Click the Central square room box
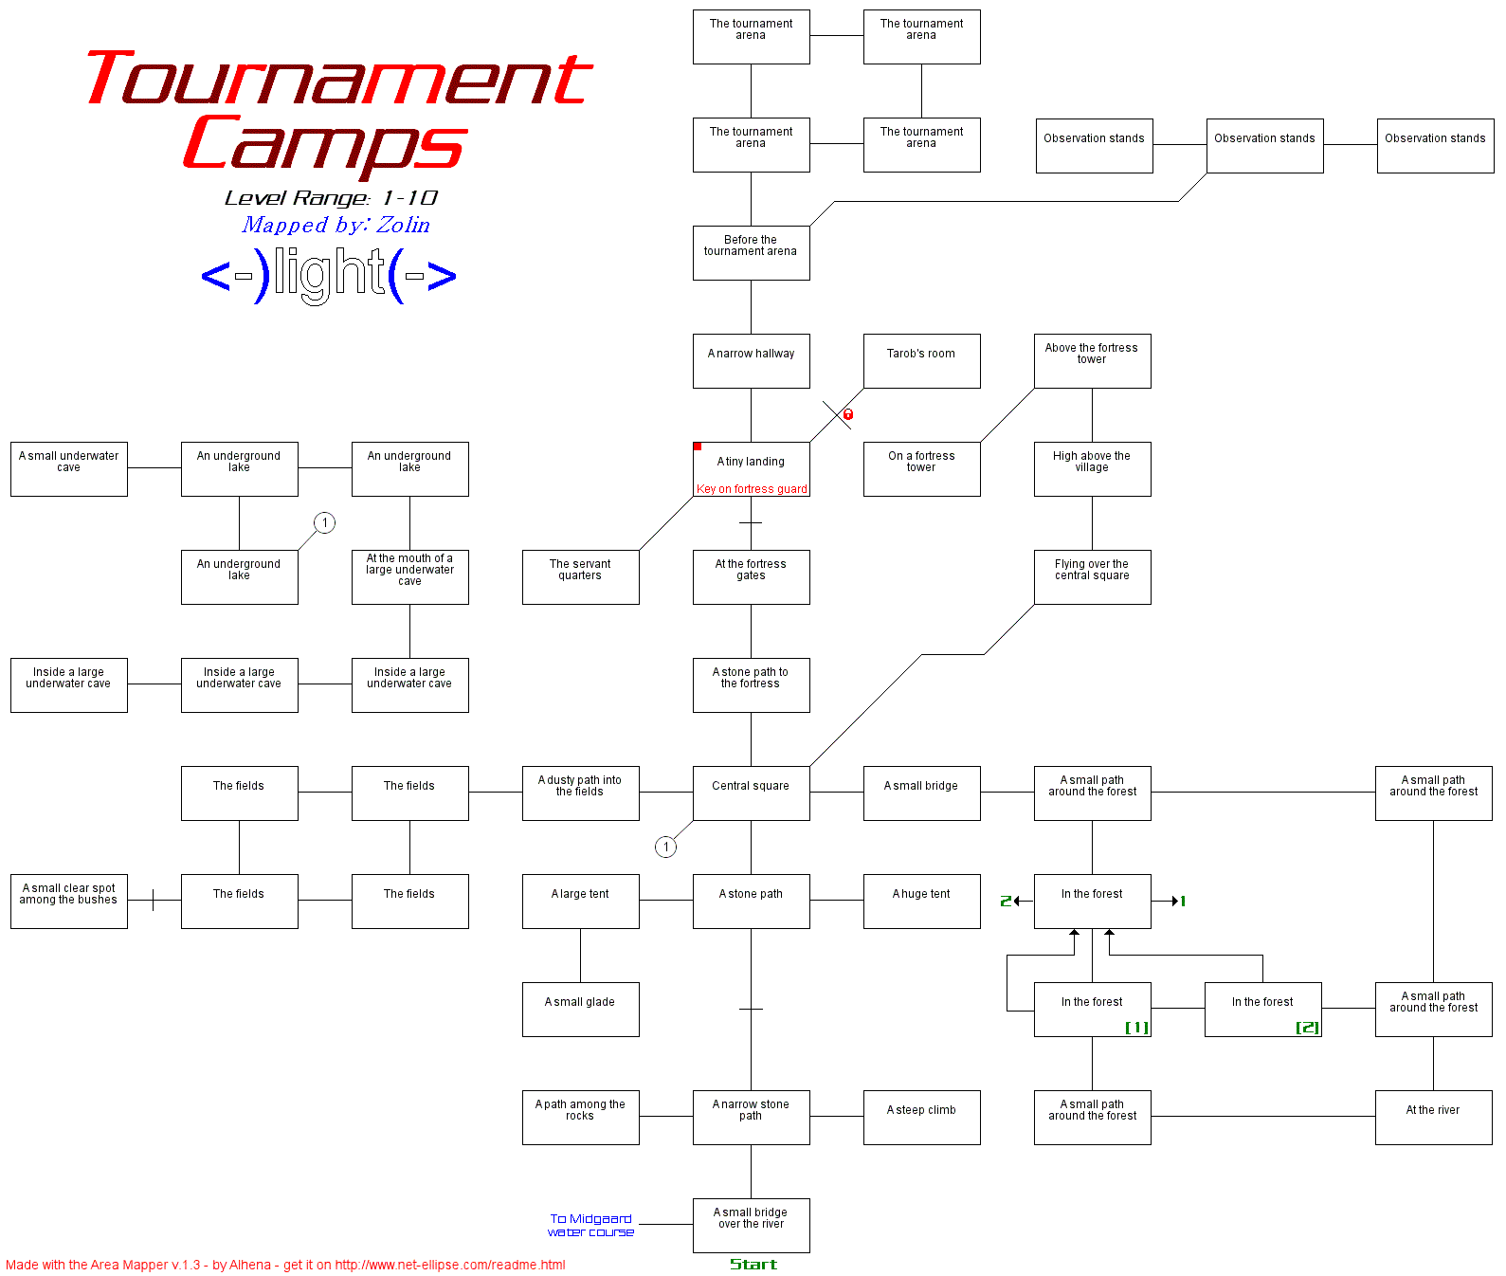751,793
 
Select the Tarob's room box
921,360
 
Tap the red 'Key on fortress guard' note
752,489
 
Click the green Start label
753,1264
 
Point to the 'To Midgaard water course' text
590,1225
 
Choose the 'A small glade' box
580,1009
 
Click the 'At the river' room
1433,1117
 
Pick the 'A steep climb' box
921,1117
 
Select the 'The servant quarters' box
580,576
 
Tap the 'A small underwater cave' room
68,468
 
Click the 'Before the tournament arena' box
751,252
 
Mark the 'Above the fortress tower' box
1092,360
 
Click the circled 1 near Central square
666,847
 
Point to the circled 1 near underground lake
325,522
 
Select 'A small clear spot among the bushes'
68,901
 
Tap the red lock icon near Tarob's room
848,414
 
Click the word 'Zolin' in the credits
403,225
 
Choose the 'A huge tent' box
921,901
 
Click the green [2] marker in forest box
1307,1028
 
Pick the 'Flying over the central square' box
1092,576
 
